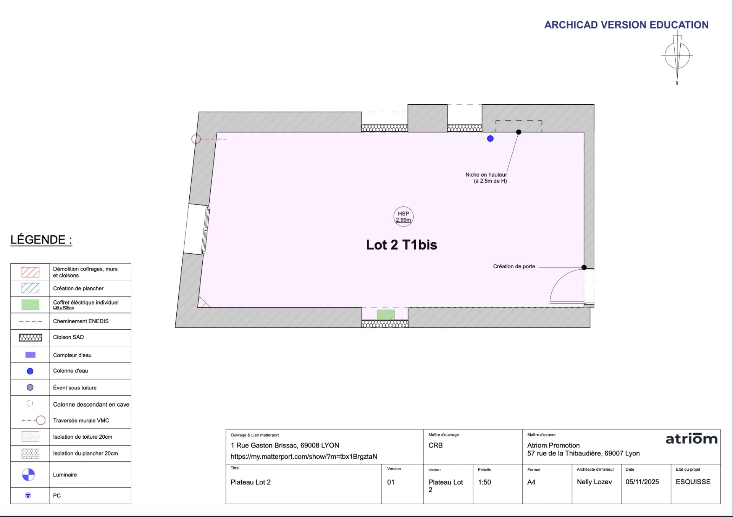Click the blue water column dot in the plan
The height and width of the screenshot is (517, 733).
490,139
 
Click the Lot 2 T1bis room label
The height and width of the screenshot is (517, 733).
402,245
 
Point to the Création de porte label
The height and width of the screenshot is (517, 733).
514,266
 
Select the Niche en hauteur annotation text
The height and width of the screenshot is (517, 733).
486,178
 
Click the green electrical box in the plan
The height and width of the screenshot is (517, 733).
386,314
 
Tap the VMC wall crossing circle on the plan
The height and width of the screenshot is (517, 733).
196,139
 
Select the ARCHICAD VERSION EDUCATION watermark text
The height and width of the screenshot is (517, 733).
626,25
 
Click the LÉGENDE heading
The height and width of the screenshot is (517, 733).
41,240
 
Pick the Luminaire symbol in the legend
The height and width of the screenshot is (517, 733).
29,475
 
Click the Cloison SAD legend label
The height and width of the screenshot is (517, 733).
68,337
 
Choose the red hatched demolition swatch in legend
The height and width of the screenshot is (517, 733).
31,272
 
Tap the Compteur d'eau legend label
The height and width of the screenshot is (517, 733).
72,355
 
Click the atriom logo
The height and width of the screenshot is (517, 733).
691,439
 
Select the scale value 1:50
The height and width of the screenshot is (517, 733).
484,482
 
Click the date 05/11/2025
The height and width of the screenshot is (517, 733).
642,482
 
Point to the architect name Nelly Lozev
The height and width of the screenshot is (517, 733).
594,482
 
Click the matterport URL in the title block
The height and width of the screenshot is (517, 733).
304,457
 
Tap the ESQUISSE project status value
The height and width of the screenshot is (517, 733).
693,482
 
